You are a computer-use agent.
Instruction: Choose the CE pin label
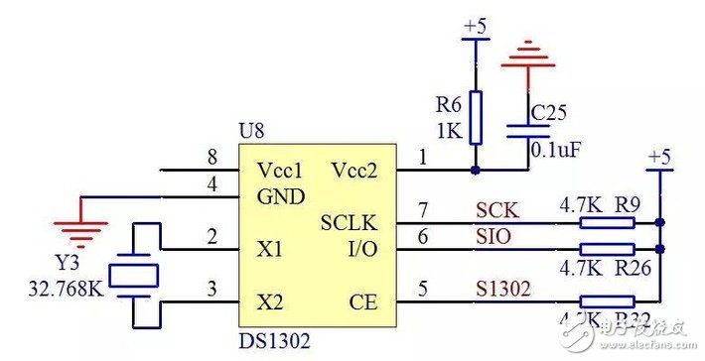(x=365, y=300)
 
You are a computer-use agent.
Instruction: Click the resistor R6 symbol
(x=477, y=117)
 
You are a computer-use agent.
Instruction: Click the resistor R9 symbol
(x=607, y=222)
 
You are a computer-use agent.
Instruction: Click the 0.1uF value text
(x=557, y=150)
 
